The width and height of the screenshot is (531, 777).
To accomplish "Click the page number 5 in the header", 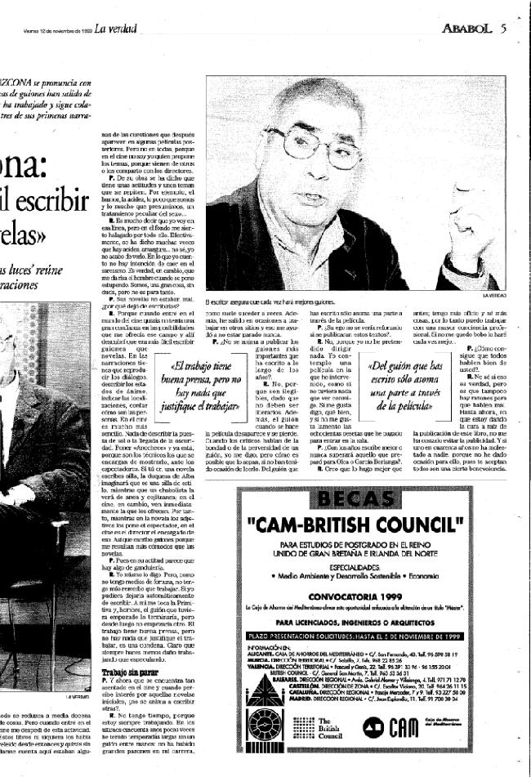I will coord(505,29).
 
